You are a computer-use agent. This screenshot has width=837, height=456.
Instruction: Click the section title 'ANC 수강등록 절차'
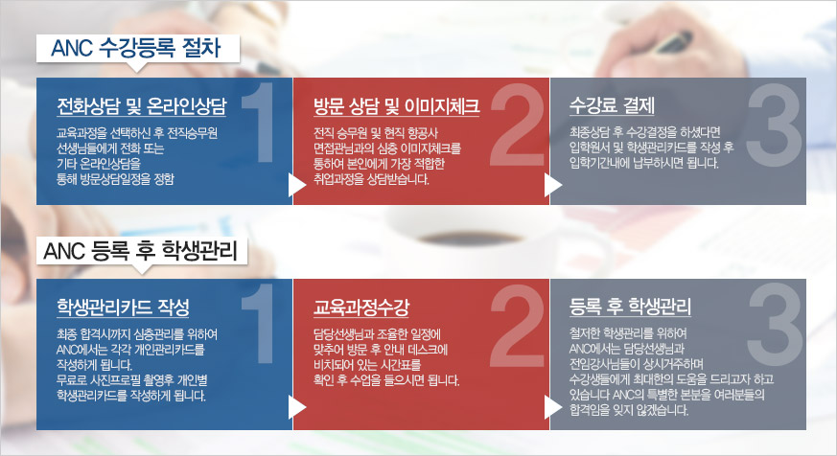point(135,48)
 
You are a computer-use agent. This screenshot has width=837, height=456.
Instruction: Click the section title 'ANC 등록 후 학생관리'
point(140,250)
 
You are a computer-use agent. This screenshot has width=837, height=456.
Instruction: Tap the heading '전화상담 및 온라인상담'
point(142,106)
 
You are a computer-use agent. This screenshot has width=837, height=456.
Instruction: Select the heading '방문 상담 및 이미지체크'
point(396,106)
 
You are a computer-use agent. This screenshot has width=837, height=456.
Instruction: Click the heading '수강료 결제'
point(612,105)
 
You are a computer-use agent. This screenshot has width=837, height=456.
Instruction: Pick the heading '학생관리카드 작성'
point(123,307)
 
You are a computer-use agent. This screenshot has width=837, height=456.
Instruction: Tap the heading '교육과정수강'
point(360,307)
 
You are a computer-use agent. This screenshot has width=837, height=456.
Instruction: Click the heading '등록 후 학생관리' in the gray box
point(630,307)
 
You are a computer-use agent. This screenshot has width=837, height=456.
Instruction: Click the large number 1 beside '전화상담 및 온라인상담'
point(259,122)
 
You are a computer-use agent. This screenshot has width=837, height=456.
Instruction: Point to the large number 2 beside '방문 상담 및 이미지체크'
point(516,124)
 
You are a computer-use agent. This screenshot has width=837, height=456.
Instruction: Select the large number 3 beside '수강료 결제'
point(774,124)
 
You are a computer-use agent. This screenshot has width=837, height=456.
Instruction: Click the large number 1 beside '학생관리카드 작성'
point(259,323)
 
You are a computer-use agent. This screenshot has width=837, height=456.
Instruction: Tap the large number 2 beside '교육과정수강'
point(516,325)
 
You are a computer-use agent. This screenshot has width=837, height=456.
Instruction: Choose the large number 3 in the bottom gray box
point(774,325)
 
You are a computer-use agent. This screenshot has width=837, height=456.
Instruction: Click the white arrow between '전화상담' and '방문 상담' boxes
point(296,185)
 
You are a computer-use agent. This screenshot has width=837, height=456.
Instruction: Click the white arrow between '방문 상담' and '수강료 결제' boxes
point(552,185)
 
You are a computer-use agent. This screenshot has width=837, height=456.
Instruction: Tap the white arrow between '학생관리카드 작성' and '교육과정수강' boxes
point(296,407)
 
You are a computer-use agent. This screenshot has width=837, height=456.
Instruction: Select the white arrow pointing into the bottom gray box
point(552,407)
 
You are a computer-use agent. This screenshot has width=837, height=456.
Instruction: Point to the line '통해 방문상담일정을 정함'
point(115,179)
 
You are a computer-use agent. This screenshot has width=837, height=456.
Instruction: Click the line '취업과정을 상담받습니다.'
point(371,179)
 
